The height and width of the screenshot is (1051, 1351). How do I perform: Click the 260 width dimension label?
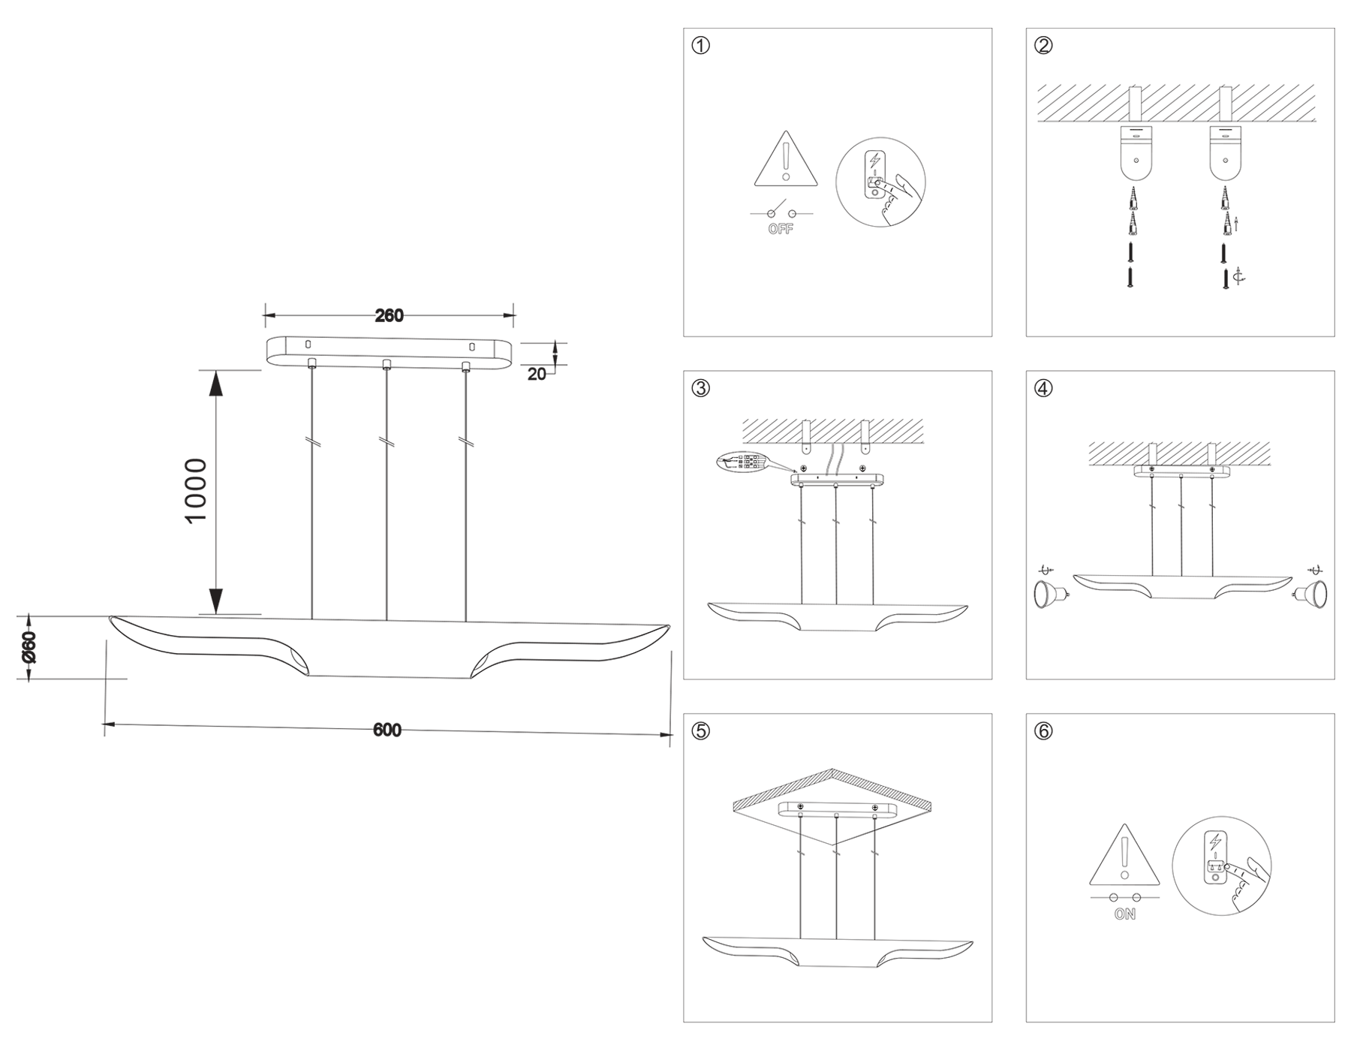pos(389,316)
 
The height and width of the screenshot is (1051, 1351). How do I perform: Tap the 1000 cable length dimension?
pos(196,490)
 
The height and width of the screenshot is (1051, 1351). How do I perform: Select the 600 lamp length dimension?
pos(387,730)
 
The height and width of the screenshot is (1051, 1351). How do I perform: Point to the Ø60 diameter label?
pos(29,647)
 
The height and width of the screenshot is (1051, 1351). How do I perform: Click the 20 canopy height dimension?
pos(537,374)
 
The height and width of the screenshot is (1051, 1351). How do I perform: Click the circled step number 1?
pos(700,46)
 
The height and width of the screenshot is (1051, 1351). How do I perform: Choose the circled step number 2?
pos(1043,46)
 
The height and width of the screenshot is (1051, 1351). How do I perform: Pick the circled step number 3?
pos(700,388)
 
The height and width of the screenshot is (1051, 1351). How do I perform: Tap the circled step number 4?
pos(1043,388)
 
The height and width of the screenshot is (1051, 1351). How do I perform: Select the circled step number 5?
pos(700,731)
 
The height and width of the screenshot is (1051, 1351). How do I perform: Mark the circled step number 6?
pos(1043,731)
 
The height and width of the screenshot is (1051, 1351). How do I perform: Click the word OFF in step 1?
pos(781,230)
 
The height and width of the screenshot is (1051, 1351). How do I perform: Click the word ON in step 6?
pos(1124,914)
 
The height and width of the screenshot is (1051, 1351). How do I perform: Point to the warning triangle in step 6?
pos(1124,857)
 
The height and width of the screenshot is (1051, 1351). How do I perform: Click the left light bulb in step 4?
pos(1048,594)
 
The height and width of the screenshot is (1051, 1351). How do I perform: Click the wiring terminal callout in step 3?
pos(743,462)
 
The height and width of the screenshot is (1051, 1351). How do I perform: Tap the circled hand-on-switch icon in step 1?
pos(880,182)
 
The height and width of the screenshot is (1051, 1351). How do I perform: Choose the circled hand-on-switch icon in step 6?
pos(1221,866)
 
